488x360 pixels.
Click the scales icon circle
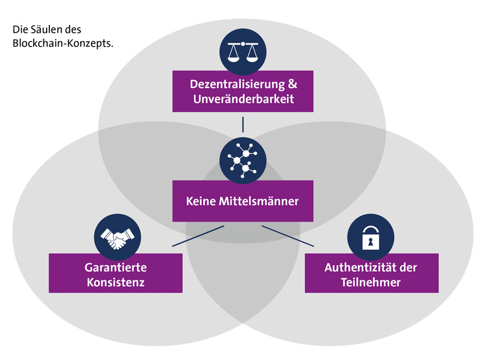coord(242,52)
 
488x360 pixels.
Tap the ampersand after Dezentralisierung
coord(292,85)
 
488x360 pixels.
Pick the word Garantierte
coord(115,268)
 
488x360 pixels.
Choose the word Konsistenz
coord(115,282)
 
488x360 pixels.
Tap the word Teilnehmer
coord(371,282)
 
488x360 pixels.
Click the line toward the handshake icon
coord(198,236)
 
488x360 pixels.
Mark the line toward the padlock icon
coord(288,236)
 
